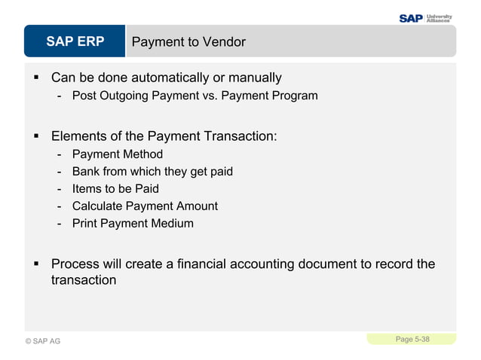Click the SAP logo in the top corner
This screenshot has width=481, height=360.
pyautogui.click(x=411, y=17)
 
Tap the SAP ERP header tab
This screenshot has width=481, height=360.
pyautogui.click(x=75, y=41)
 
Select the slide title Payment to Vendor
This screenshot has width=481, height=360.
pyautogui.click(x=188, y=42)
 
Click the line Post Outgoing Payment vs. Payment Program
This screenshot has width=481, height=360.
pyautogui.click(x=195, y=96)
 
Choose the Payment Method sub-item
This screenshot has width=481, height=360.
pyautogui.click(x=117, y=154)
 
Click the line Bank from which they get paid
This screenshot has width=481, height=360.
pyautogui.click(x=152, y=172)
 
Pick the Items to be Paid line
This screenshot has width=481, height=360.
pyautogui.click(x=115, y=189)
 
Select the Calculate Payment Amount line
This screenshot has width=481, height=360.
pyautogui.click(x=145, y=206)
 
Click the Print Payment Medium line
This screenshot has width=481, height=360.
pyautogui.click(x=133, y=224)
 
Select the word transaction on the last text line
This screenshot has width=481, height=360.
pyautogui.click(x=84, y=280)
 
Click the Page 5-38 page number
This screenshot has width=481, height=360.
pyautogui.click(x=412, y=340)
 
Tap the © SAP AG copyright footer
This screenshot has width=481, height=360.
pyautogui.click(x=42, y=341)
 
